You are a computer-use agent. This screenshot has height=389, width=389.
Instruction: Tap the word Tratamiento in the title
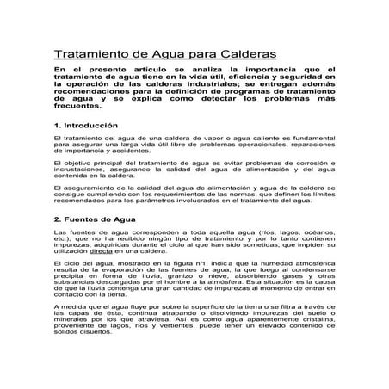[90, 53]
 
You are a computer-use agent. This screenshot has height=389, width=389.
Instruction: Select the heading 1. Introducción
[86, 126]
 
